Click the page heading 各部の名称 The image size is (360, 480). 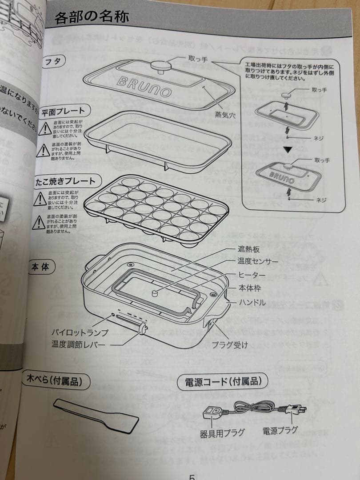92,17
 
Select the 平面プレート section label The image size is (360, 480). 63,111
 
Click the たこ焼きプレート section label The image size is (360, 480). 65,181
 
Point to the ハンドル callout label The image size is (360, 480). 252,303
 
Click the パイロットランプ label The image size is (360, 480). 80,332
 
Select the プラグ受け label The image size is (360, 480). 229,345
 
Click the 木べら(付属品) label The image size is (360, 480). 53,380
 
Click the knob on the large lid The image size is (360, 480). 161,65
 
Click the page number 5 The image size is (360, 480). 192,476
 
